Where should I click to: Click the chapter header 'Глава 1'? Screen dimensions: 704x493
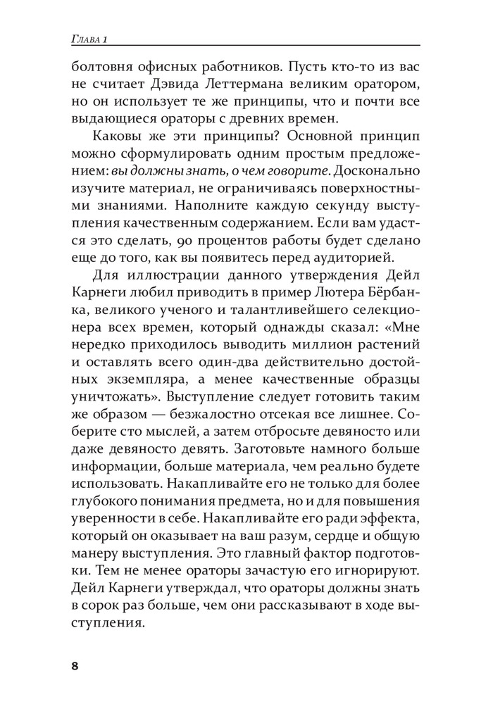click(x=87, y=37)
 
